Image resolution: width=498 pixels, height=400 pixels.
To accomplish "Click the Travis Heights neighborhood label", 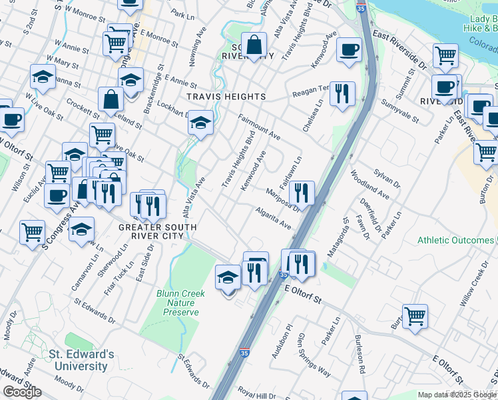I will [x=226, y=97].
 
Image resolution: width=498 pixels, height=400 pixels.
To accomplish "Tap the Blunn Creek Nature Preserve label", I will [x=177, y=303].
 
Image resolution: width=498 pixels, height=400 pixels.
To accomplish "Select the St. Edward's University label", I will [x=81, y=361].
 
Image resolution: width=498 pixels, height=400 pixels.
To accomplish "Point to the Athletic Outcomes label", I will [x=457, y=240].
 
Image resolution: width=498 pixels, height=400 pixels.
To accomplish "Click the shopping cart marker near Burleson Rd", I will [x=415, y=316].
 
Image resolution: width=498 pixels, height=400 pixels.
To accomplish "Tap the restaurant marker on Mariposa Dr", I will [x=302, y=193].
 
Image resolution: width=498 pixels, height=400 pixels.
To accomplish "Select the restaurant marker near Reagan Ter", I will [x=342, y=93].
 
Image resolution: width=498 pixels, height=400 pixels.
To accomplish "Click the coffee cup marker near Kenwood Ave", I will [x=349, y=50].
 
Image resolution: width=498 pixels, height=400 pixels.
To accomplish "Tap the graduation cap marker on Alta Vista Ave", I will [x=200, y=123].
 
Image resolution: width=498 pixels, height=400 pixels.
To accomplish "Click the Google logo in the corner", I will [x=22, y=392].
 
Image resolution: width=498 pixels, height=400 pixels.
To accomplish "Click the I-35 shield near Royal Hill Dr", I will [x=244, y=355].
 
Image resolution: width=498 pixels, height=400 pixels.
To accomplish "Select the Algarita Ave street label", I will [x=274, y=218].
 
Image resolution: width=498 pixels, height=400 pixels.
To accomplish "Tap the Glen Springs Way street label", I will [x=314, y=355].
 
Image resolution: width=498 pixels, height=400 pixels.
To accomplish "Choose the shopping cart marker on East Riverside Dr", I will [x=445, y=55].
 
